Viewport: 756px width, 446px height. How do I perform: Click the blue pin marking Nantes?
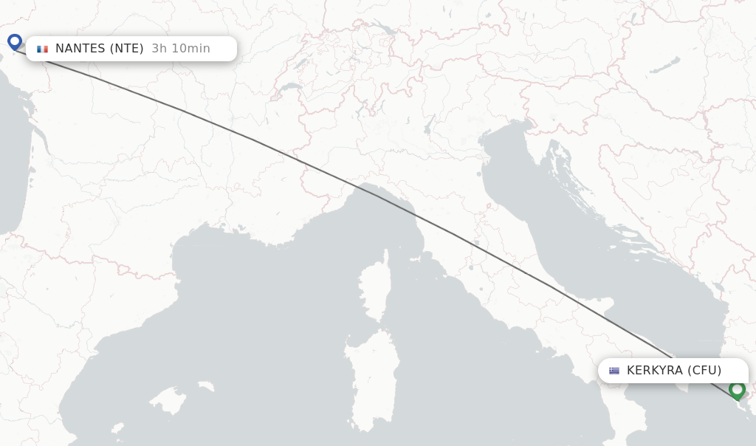(15, 41)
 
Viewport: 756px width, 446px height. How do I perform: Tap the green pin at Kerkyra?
(737, 389)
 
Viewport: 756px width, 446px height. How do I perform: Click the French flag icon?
(43, 49)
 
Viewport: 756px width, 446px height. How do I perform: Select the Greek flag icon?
(614, 371)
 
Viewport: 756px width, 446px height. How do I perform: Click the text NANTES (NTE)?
(100, 49)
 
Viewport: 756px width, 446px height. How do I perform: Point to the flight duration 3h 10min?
(181, 49)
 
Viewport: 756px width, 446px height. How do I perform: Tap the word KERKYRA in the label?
(655, 371)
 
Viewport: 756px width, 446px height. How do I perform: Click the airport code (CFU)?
(704, 371)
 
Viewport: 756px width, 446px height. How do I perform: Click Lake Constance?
(382, 30)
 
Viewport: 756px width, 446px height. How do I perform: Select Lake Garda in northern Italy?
(430, 123)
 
